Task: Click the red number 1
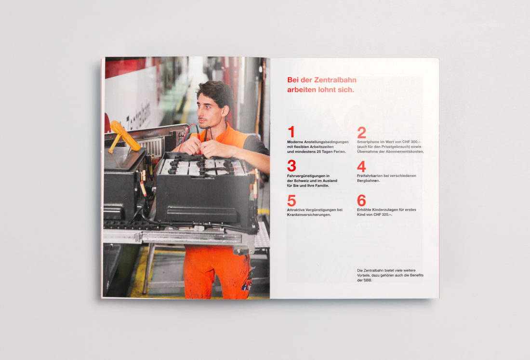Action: [291, 132]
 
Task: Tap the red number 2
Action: [361, 132]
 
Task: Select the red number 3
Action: [291, 166]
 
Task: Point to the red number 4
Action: [361, 166]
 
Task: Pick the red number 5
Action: [291, 200]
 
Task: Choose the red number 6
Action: [361, 200]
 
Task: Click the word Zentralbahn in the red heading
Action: [335, 80]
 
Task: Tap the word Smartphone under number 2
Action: [369, 142]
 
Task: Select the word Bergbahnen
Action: [368, 181]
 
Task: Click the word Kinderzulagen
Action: [384, 210]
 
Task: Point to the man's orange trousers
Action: [216, 272]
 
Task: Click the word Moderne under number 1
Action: [294, 142]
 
